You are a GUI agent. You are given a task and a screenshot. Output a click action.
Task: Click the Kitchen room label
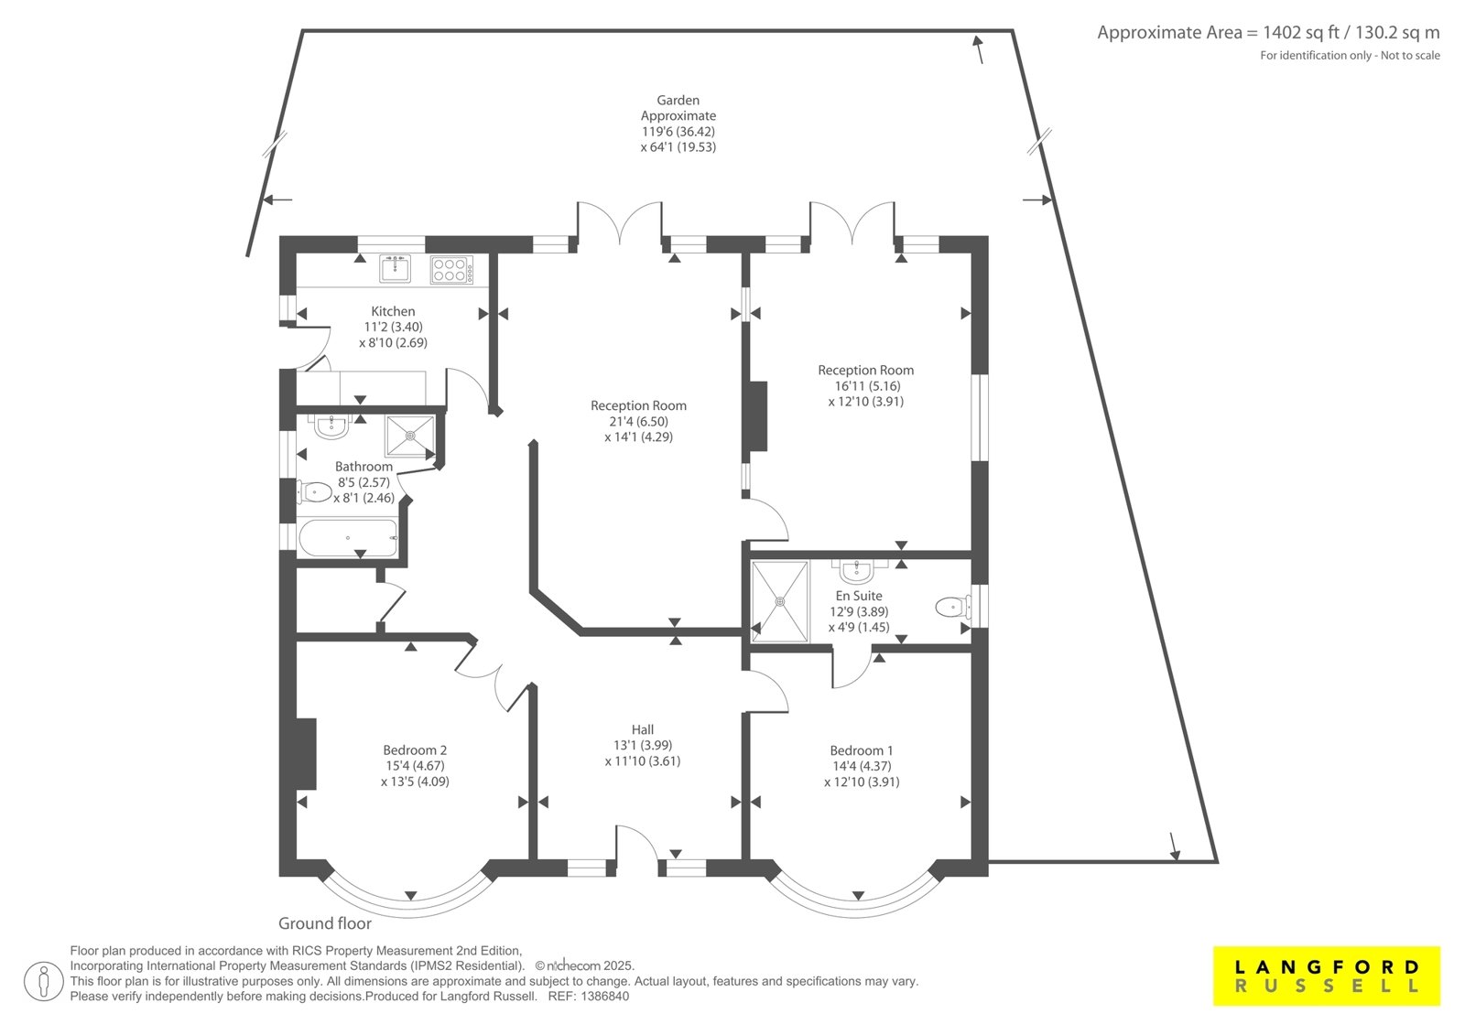[393, 311]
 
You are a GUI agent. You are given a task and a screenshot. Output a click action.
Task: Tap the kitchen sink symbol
[395, 269]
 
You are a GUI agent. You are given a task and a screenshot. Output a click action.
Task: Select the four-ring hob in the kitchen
[451, 270]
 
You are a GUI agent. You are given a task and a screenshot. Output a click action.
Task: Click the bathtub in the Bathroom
[349, 537]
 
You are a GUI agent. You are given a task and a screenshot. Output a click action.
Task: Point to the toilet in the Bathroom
[315, 492]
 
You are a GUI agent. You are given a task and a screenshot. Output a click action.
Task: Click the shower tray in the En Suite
[779, 601]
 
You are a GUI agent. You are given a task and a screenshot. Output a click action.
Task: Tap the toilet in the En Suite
[953, 608]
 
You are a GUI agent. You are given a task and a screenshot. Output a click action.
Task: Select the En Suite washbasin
[856, 571]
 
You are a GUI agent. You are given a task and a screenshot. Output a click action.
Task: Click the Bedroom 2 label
[416, 749]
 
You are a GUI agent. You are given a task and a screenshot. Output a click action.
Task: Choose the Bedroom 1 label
[862, 749]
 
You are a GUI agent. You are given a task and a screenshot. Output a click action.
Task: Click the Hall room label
[642, 729]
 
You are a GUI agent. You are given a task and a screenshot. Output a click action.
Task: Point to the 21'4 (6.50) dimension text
[638, 422]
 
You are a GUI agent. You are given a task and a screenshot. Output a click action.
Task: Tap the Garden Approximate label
[678, 108]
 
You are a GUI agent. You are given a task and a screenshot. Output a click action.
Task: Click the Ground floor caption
[325, 923]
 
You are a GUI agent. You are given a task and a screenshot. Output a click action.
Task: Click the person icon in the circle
[44, 981]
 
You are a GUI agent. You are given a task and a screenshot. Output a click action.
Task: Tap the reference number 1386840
[605, 997]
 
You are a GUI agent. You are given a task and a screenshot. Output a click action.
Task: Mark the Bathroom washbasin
[331, 426]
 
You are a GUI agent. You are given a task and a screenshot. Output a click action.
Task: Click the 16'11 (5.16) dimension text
[866, 386]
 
